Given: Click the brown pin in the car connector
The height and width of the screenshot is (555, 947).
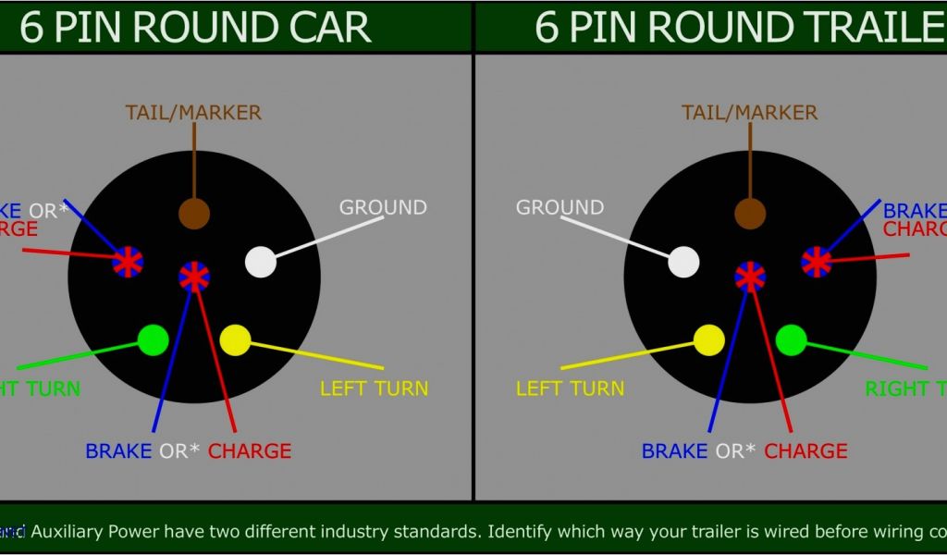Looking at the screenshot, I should coord(194,213).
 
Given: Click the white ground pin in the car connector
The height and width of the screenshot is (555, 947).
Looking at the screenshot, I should coord(261,262).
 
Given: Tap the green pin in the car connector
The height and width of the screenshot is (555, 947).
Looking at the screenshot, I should coord(153,340).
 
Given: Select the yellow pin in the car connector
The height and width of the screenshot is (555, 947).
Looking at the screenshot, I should coord(236,339).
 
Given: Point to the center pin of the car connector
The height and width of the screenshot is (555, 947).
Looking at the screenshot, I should coord(194,276).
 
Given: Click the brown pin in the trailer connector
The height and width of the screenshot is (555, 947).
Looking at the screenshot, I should coord(750,213).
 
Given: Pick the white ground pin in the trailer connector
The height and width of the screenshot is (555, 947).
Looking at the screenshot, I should coord(683,262).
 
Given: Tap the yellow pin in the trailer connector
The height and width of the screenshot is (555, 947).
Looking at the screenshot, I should coord(709,340).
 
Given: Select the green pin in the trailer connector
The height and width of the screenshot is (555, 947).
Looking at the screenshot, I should coord(791,340).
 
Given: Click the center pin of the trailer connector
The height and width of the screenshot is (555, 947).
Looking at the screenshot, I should coord(750,276).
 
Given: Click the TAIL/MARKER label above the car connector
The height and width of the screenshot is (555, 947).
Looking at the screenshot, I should coord(193,113).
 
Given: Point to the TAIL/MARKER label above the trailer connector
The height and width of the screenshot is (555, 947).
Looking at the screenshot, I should coord(750,113).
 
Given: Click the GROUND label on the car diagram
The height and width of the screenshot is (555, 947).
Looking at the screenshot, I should coord(383,207).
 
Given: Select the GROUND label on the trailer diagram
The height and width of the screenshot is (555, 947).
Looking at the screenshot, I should coord(560,207).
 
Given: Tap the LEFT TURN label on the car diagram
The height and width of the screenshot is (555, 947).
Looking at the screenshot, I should coord(375,388).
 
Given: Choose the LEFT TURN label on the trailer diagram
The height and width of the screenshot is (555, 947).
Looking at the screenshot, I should coord(571,388).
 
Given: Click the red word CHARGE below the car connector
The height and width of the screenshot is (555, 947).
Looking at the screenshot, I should coord(250,451).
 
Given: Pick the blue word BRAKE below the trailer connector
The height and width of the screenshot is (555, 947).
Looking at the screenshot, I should coord(674,451).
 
